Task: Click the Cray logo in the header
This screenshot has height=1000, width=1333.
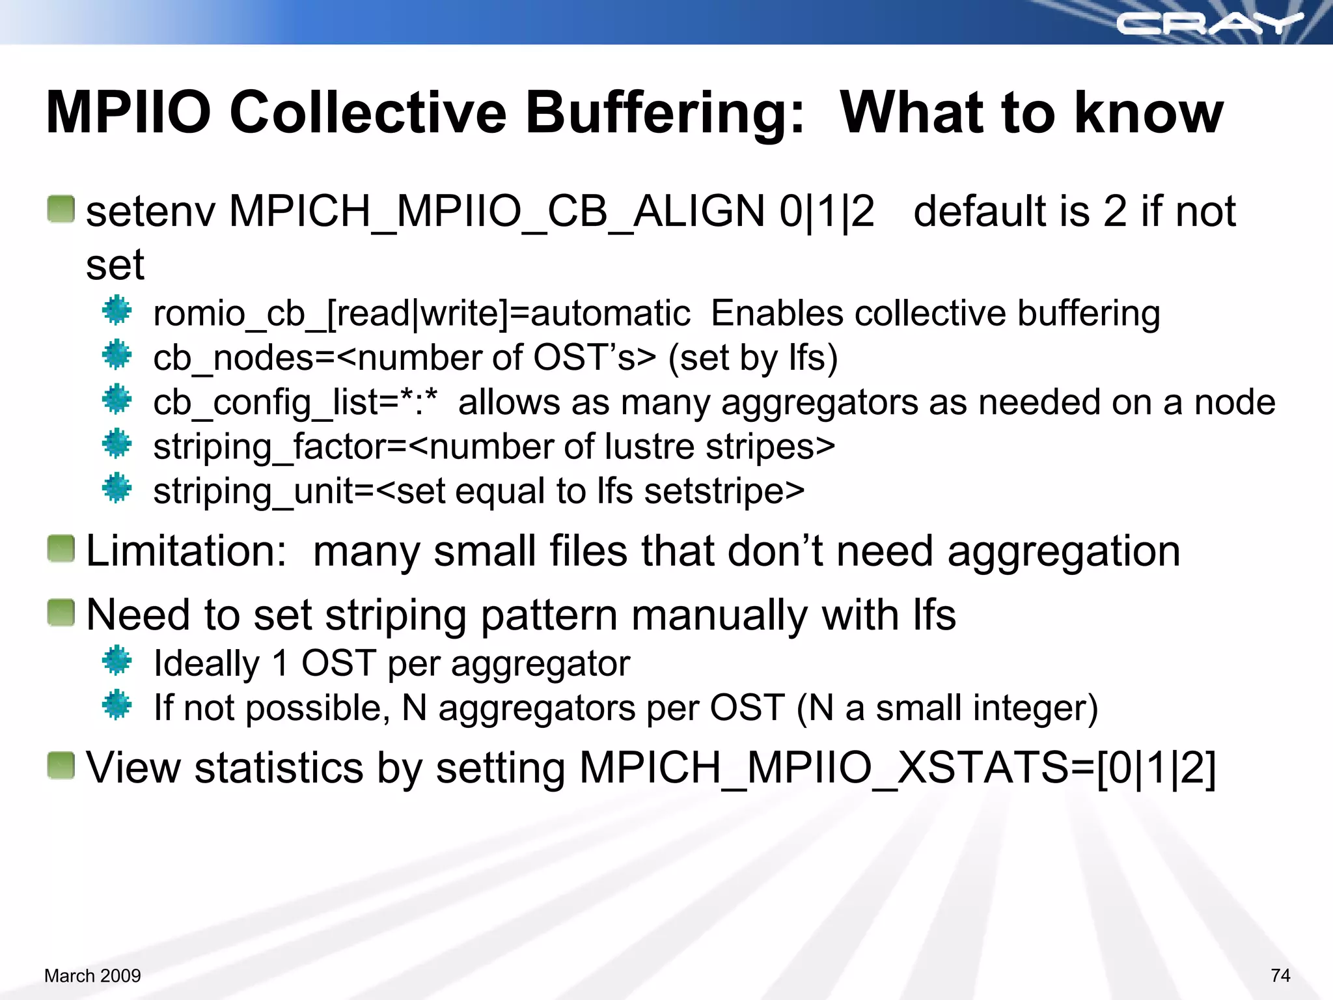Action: pyautogui.click(x=1209, y=24)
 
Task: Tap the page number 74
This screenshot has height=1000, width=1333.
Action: pyautogui.click(x=1280, y=975)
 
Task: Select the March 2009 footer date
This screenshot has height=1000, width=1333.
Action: pyautogui.click(x=92, y=975)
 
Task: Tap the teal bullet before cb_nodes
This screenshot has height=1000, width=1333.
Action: pyautogui.click(x=117, y=355)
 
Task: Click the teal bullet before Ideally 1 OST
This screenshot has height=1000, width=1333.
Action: pyautogui.click(x=117, y=661)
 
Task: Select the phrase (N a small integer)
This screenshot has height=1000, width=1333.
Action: pyautogui.click(x=947, y=708)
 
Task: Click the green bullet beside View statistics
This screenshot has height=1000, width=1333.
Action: pyautogui.click(x=61, y=765)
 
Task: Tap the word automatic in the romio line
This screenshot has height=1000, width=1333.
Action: pyautogui.click(x=610, y=314)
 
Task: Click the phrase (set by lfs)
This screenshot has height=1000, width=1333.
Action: pyautogui.click(x=753, y=358)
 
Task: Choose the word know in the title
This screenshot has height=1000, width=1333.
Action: pyautogui.click(x=1149, y=113)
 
